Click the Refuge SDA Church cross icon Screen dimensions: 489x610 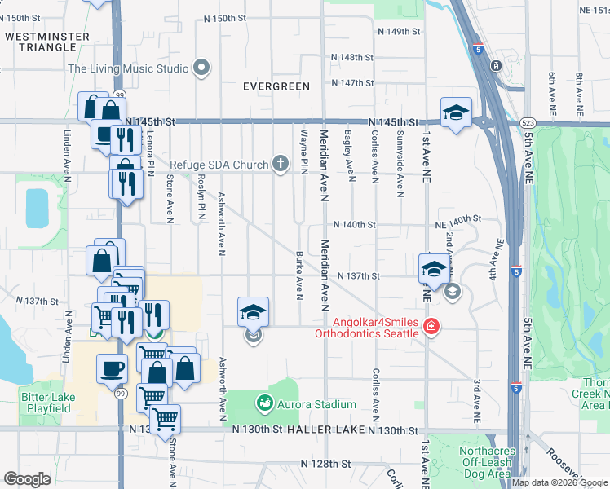[x=280, y=165]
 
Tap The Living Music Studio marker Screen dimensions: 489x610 [x=203, y=68]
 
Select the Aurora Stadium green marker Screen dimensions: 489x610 [x=264, y=403]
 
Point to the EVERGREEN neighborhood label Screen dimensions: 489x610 [x=276, y=86]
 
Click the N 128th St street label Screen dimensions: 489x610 [x=325, y=464]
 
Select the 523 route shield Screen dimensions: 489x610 [x=527, y=122]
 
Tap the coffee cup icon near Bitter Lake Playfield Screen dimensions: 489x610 [x=113, y=368]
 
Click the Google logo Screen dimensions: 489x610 [x=28, y=479]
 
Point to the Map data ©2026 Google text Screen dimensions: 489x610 [x=559, y=482]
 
